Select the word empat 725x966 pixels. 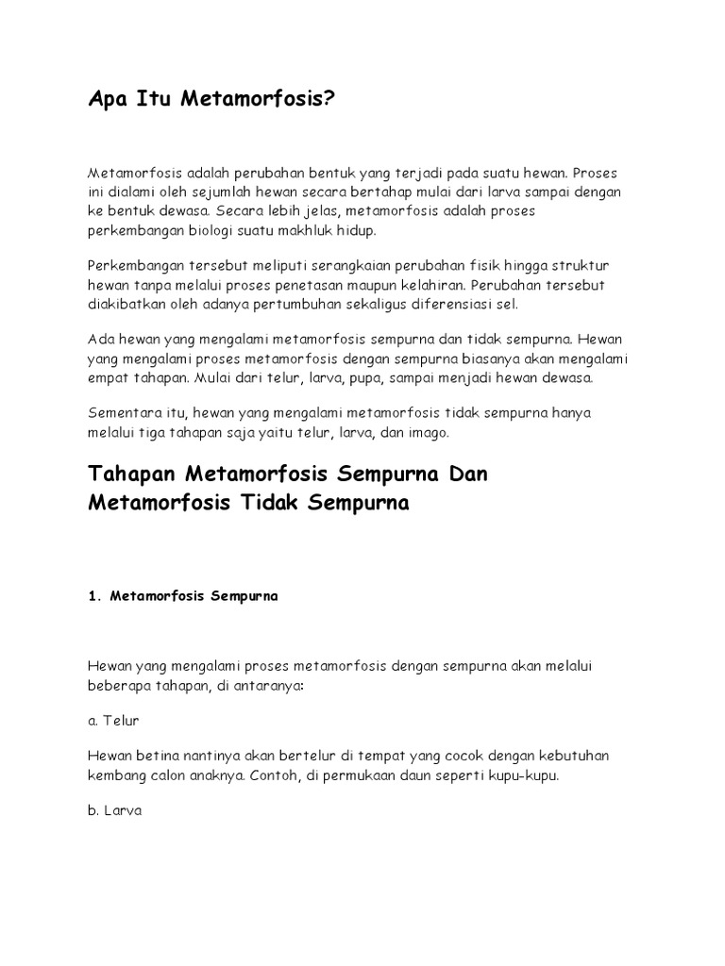pyautogui.click(x=109, y=377)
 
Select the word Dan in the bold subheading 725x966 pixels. pyautogui.click(x=468, y=473)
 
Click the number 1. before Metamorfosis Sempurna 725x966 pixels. pyautogui.click(x=94, y=596)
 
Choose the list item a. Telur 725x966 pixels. pyautogui.click(x=114, y=721)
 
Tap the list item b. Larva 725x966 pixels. pyautogui.click(x=114, y=809)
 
